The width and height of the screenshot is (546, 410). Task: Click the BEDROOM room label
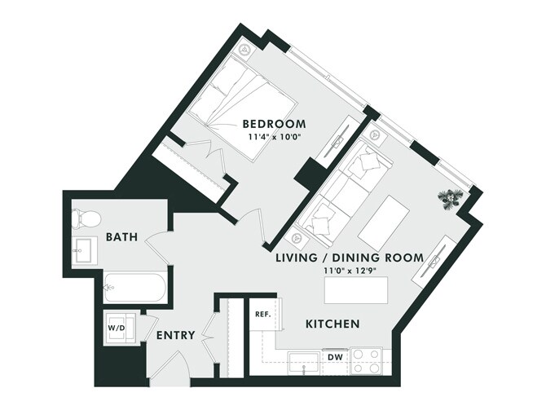pyautogui.click(x=274, y=124)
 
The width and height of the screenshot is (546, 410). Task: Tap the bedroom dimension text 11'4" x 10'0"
pyautogui.click(x=274, y=137)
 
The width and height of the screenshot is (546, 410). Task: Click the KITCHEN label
pyautogui.click(x=332, y=324)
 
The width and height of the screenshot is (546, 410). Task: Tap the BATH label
pyautogui.click(x=121, y=238)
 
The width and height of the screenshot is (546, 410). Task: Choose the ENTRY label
pyautogui.click(x=174, y=336)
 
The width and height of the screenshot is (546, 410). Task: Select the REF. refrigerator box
pyautogui.click(x=262, y=313)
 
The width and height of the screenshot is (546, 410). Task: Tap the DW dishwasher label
pyautogui.click(x=334, y=357)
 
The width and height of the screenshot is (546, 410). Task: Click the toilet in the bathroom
pyautogui.click(x=84, y=218)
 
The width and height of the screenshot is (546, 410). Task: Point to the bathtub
pyautogui.click(x=134, y=286)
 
